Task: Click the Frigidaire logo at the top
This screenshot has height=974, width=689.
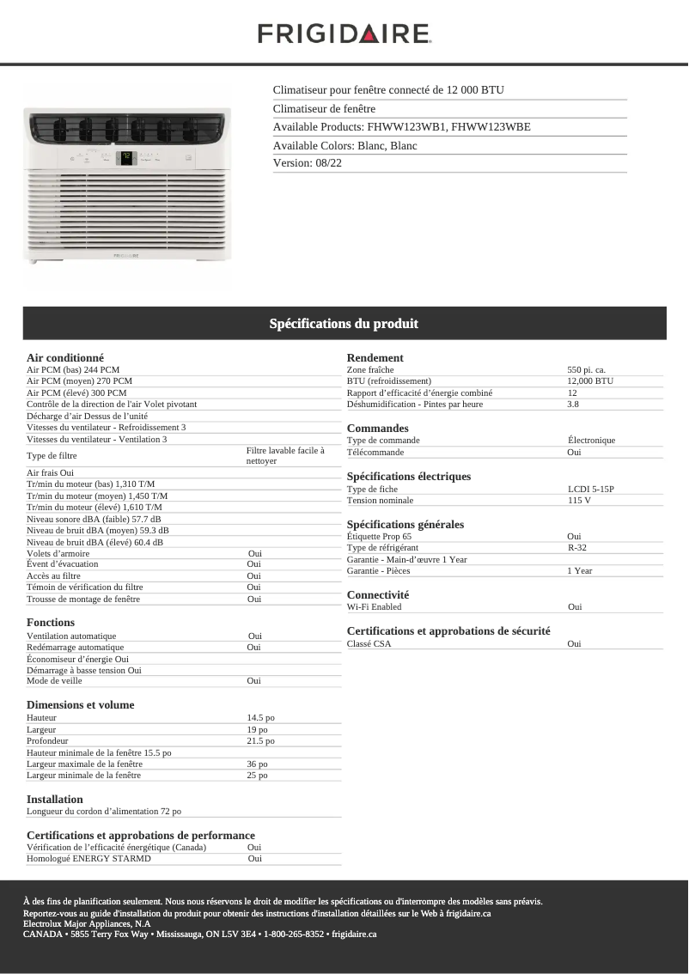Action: coord(344,33)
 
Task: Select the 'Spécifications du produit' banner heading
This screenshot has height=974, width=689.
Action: coord(344,324)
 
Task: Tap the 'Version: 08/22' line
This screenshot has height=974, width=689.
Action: coord(308,163)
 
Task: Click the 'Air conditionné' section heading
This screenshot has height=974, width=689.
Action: coord(65,357)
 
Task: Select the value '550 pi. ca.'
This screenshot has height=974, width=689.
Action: coord(586,369)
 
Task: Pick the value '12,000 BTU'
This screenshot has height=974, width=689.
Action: coord(589,380)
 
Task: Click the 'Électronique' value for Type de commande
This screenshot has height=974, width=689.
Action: coord(591,441)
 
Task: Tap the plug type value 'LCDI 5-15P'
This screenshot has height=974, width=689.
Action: coord(590,489)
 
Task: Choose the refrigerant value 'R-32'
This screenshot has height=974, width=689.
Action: coord(576,548)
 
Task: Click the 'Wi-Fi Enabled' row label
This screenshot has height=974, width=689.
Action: coord(374,607)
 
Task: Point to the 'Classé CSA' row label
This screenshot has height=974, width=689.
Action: coord(369,643)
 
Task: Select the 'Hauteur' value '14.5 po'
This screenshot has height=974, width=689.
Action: coord(260,717)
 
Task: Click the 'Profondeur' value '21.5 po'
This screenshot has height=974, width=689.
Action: coord(260,740)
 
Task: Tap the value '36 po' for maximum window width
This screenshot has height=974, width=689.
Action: coord(257,764)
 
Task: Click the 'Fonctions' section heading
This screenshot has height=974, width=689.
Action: coord(51,622)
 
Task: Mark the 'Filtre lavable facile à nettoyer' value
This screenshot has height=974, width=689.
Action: coord(284,455)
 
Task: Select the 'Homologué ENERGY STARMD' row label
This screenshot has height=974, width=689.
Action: coord(88,858)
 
